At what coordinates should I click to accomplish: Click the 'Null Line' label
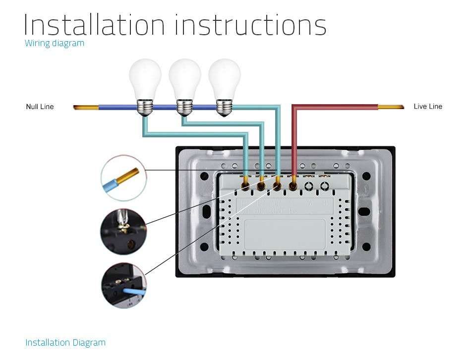pos(40,107)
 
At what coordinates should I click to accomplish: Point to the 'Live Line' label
pos(428,106)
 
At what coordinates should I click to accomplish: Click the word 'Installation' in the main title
pos(94,25)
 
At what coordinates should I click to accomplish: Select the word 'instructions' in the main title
pos(250,25)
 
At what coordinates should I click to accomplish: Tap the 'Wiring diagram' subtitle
pos(55,43)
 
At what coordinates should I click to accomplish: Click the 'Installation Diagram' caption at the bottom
pos(65,343)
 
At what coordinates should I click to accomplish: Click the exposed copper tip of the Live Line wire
pos(391,106)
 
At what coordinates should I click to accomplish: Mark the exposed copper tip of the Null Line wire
pos(86,107)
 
